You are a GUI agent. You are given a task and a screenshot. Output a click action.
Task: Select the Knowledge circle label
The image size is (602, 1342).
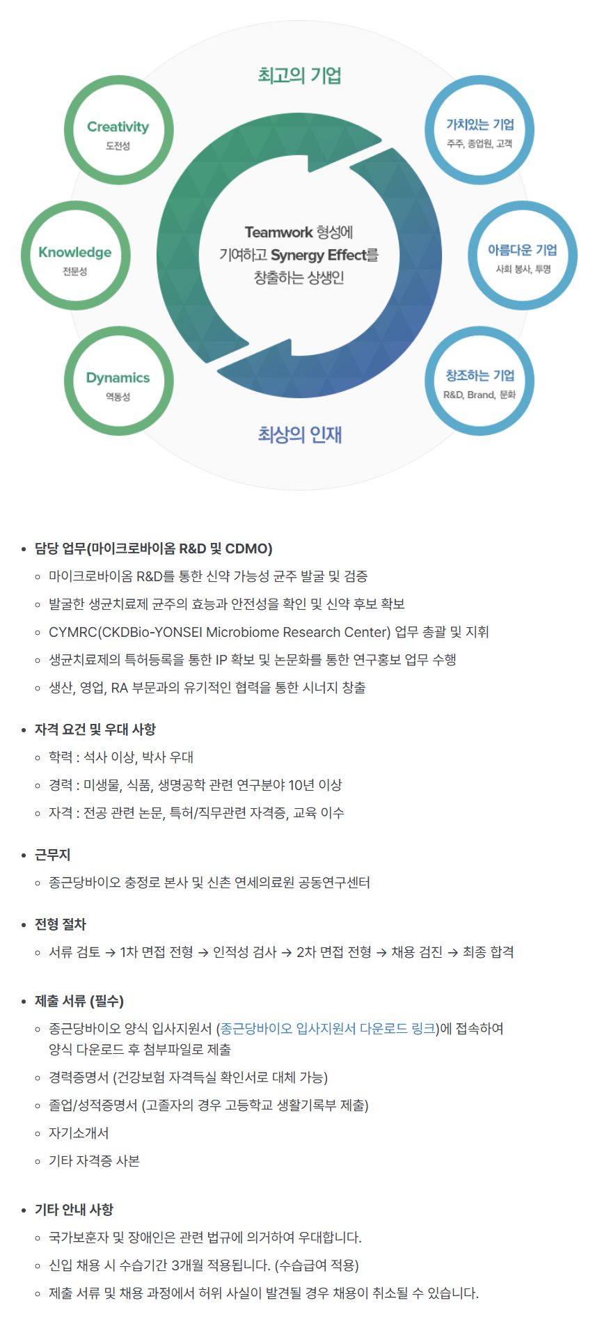(x=75, y=252)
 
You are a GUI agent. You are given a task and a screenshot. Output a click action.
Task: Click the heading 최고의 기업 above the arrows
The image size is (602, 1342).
(x=299, y=75)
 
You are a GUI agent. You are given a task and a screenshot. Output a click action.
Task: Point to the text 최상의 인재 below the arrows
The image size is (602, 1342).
(x=299, y=434)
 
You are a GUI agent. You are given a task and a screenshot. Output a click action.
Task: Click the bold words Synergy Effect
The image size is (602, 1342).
(x=319, y=255)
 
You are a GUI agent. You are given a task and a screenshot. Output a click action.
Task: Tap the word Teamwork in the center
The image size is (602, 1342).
(x=278, y=232)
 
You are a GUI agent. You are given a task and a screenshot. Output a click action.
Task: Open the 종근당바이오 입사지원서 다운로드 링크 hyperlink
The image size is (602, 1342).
(x=328, y=1028)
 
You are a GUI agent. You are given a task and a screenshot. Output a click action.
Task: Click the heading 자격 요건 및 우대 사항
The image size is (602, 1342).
(x=95, y=729)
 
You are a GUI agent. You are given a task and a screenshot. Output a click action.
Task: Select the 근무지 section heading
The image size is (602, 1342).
(x=53, y=855)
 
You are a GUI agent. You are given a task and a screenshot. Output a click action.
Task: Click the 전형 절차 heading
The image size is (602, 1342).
(x=61, y=924)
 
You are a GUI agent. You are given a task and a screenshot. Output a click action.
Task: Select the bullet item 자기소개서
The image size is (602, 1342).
(x=79, y=1133)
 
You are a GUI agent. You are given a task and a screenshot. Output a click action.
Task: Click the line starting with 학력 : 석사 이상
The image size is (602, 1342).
(x=121, y=757)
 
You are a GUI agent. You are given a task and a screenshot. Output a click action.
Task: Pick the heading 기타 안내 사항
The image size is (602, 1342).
(x=74, y=1210)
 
